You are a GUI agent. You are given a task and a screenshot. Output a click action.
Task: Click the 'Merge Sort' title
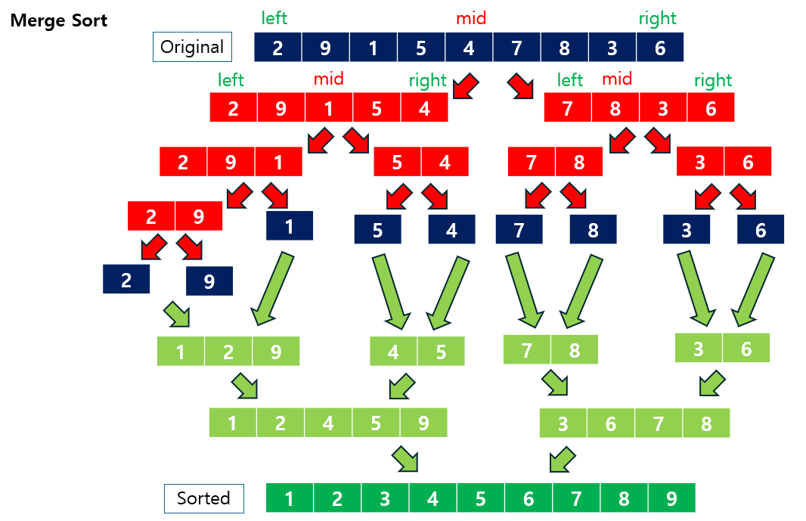59,20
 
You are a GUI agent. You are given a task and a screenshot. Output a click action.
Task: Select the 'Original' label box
192,47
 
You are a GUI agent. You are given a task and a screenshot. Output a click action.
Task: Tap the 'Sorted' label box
203,498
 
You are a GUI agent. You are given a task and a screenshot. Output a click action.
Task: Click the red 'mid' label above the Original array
470,17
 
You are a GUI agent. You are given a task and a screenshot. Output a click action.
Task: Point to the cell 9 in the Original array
325,48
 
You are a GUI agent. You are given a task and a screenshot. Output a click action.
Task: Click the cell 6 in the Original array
659,48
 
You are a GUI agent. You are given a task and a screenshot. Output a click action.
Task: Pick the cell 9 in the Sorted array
671,498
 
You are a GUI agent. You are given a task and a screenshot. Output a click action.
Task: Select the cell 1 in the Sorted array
290,498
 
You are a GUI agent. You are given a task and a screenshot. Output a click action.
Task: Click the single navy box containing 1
290,225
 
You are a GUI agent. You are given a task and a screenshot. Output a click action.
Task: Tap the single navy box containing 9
209,281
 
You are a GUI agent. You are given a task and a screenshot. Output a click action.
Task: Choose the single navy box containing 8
593,229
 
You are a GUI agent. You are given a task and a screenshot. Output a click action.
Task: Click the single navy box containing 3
687,229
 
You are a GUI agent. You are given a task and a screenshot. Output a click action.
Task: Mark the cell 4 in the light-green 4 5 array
393,352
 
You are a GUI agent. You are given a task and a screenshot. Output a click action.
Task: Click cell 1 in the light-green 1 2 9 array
181,352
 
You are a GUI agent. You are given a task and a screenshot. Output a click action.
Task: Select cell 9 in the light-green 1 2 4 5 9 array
423,423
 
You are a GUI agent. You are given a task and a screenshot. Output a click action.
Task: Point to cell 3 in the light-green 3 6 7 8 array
563,423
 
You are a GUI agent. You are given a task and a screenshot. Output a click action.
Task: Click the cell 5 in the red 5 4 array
398,162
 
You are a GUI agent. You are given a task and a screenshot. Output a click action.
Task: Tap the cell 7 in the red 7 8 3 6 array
568,108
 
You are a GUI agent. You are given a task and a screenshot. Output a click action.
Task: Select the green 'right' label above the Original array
657,18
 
